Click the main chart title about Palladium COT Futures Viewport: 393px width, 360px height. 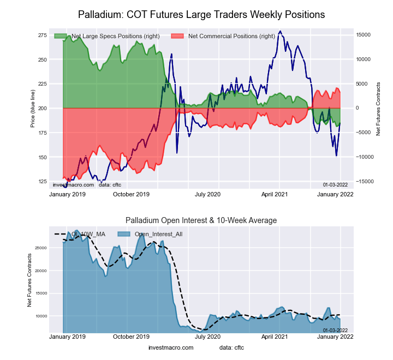[x=201, y=14]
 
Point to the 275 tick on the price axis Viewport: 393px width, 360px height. [x=42, y=35]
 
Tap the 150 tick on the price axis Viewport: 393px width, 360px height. [x=42, y=158]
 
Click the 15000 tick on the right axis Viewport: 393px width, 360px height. [x=364, y=35]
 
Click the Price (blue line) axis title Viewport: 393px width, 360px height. [x=33, y=109]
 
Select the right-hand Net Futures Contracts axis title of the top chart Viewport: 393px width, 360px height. [x=378, y=109]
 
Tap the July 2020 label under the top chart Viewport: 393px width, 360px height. [x=208, y=194]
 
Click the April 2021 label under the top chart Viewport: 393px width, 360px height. [x=275, y=194]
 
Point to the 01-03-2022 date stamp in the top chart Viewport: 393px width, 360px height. [x=335, y=185]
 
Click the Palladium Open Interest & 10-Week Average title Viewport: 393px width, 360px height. [x=201, y=220]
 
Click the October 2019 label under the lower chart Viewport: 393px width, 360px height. [x=131, y=337]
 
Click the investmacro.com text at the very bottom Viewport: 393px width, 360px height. [x=171, y=347]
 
